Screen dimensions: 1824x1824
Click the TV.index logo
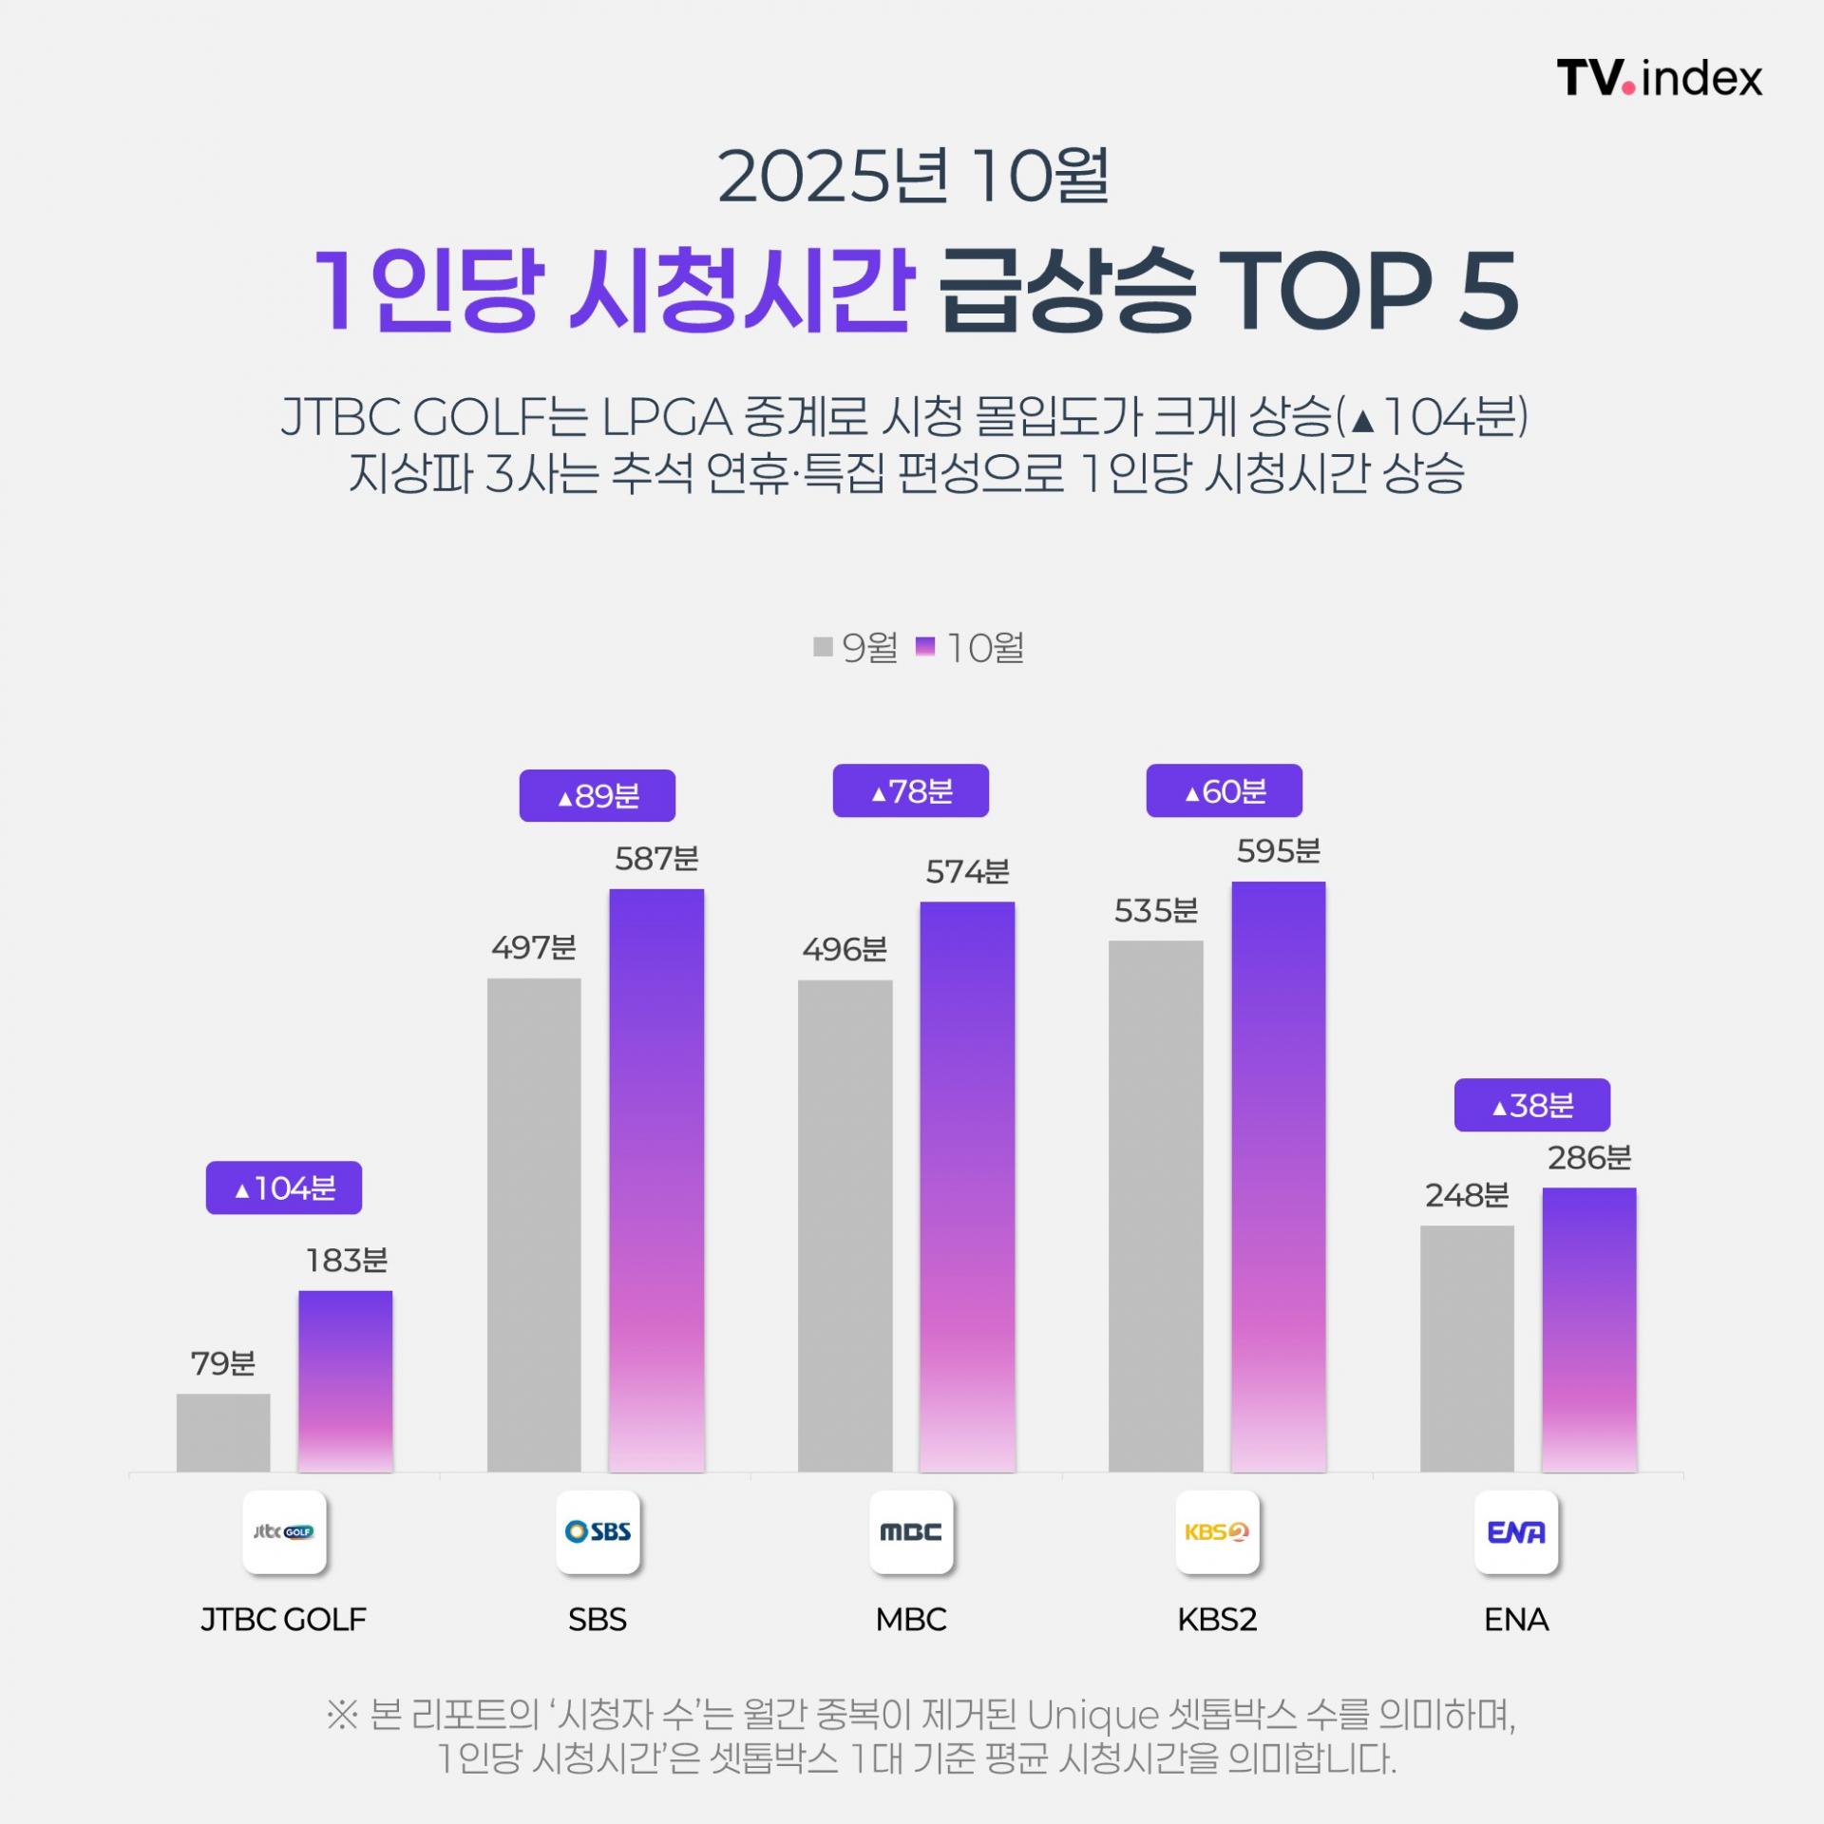click(x=1659, y=78)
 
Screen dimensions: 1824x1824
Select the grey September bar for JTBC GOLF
click(x=223, y=1433)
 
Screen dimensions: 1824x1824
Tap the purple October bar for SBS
click(x=656, y=1180)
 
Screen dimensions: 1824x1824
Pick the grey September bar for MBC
click(x=845, y=1225)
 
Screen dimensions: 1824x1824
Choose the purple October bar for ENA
click(x=1588, y=1329)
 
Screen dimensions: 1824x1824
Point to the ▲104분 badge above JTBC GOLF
click(x=284, y=1187)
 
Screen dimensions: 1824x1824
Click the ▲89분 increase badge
click(x=597, y=795)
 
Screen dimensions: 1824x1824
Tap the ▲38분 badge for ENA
click(x=1531, y=1105)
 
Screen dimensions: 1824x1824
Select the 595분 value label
click(x=1278, y=851)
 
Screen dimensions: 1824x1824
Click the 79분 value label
click(x=223, y=1363)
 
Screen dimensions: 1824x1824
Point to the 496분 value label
click(x=845, y=949)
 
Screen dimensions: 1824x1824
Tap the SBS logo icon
click(x=598, y=1531)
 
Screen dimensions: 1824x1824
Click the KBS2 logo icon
click(x=1217, y=1531)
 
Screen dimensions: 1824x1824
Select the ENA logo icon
click(x=1516, y=1531)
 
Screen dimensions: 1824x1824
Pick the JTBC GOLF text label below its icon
click(x=283, y=1619)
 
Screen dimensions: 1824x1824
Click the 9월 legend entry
click(x=857, y=648)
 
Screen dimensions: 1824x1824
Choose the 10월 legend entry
click(x=971, y=648)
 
